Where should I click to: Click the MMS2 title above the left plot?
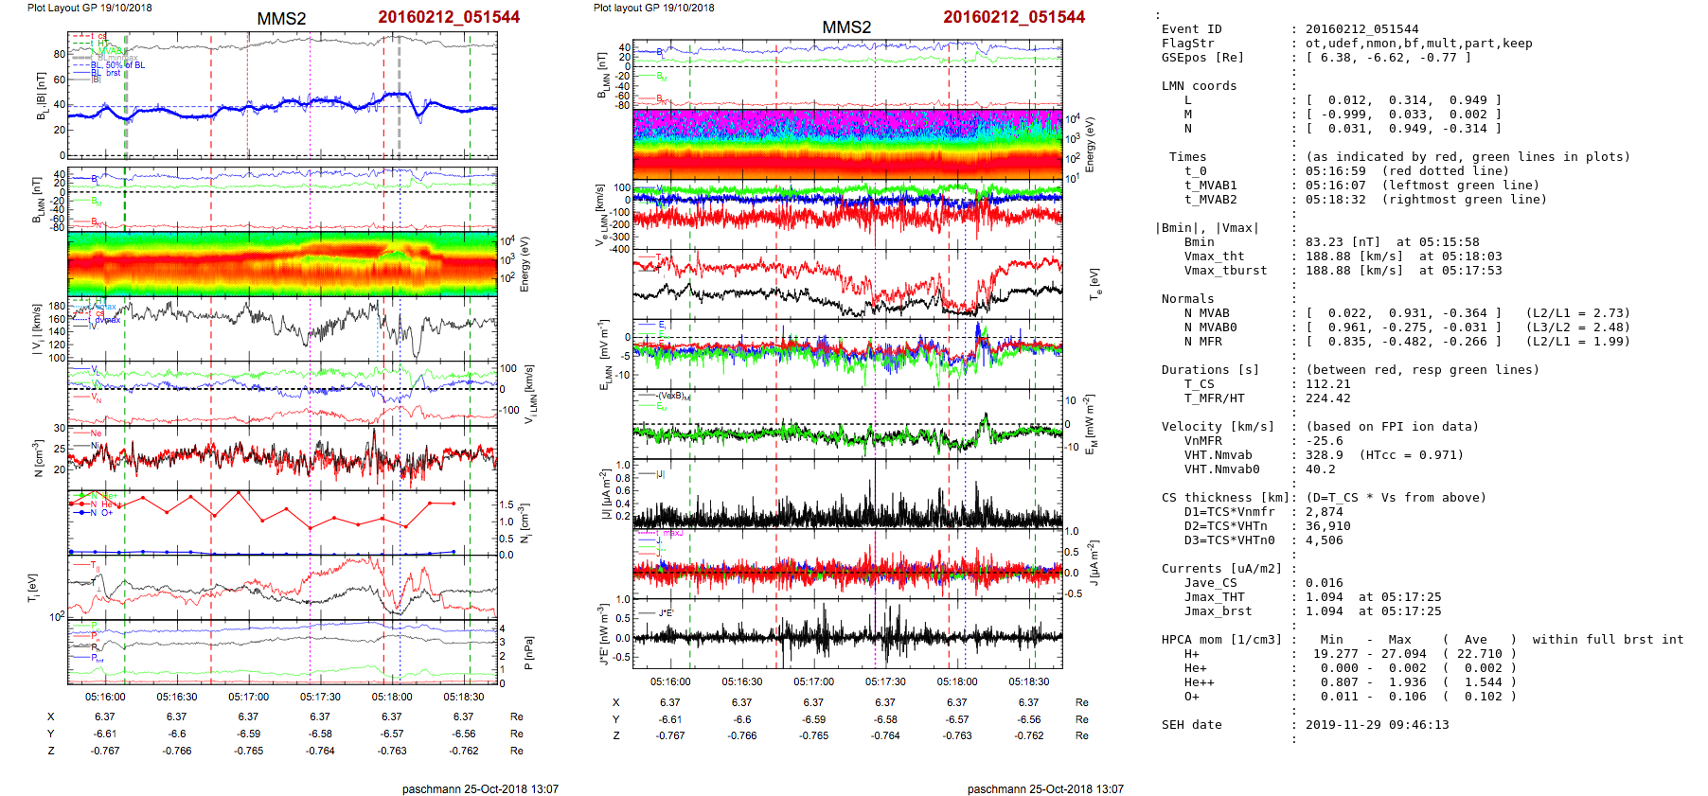tap(281, 19)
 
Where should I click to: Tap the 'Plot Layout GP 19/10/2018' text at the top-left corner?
tap(89, 8)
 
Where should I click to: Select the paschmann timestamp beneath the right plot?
tap(1045, 788)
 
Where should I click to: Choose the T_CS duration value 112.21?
tap(1326, 384)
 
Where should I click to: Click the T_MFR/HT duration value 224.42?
tap(1326, 398)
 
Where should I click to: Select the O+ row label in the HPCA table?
tap(1191, 697)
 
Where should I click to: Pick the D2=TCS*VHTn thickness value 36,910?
tap(1327, 526)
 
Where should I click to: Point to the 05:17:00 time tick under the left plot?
tap(248, 697)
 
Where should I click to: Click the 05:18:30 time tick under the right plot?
tap(1029, 681)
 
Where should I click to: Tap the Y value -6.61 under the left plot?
tap(105, 734)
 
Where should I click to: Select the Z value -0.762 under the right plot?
tap(1029, 735)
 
